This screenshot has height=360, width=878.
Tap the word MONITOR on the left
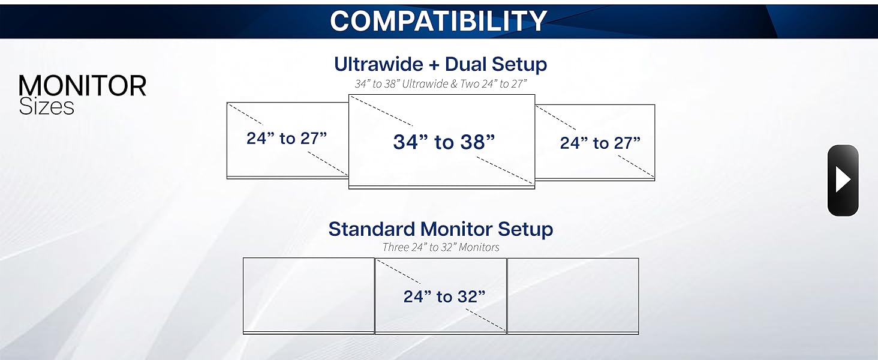82,86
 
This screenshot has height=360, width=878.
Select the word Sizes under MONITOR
46,107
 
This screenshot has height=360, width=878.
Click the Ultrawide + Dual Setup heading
440,64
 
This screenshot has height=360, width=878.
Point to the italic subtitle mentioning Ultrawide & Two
440,83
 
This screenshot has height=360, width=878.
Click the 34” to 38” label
444,142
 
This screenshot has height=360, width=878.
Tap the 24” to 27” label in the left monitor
287,139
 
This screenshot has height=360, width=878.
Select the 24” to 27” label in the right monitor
600,143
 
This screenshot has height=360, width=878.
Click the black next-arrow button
843,180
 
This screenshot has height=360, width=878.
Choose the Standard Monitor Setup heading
440,229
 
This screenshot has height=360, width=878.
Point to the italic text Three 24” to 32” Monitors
440,247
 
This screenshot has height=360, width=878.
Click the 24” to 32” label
444,296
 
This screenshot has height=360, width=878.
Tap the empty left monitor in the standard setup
308,294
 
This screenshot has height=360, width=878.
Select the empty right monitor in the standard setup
573,294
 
